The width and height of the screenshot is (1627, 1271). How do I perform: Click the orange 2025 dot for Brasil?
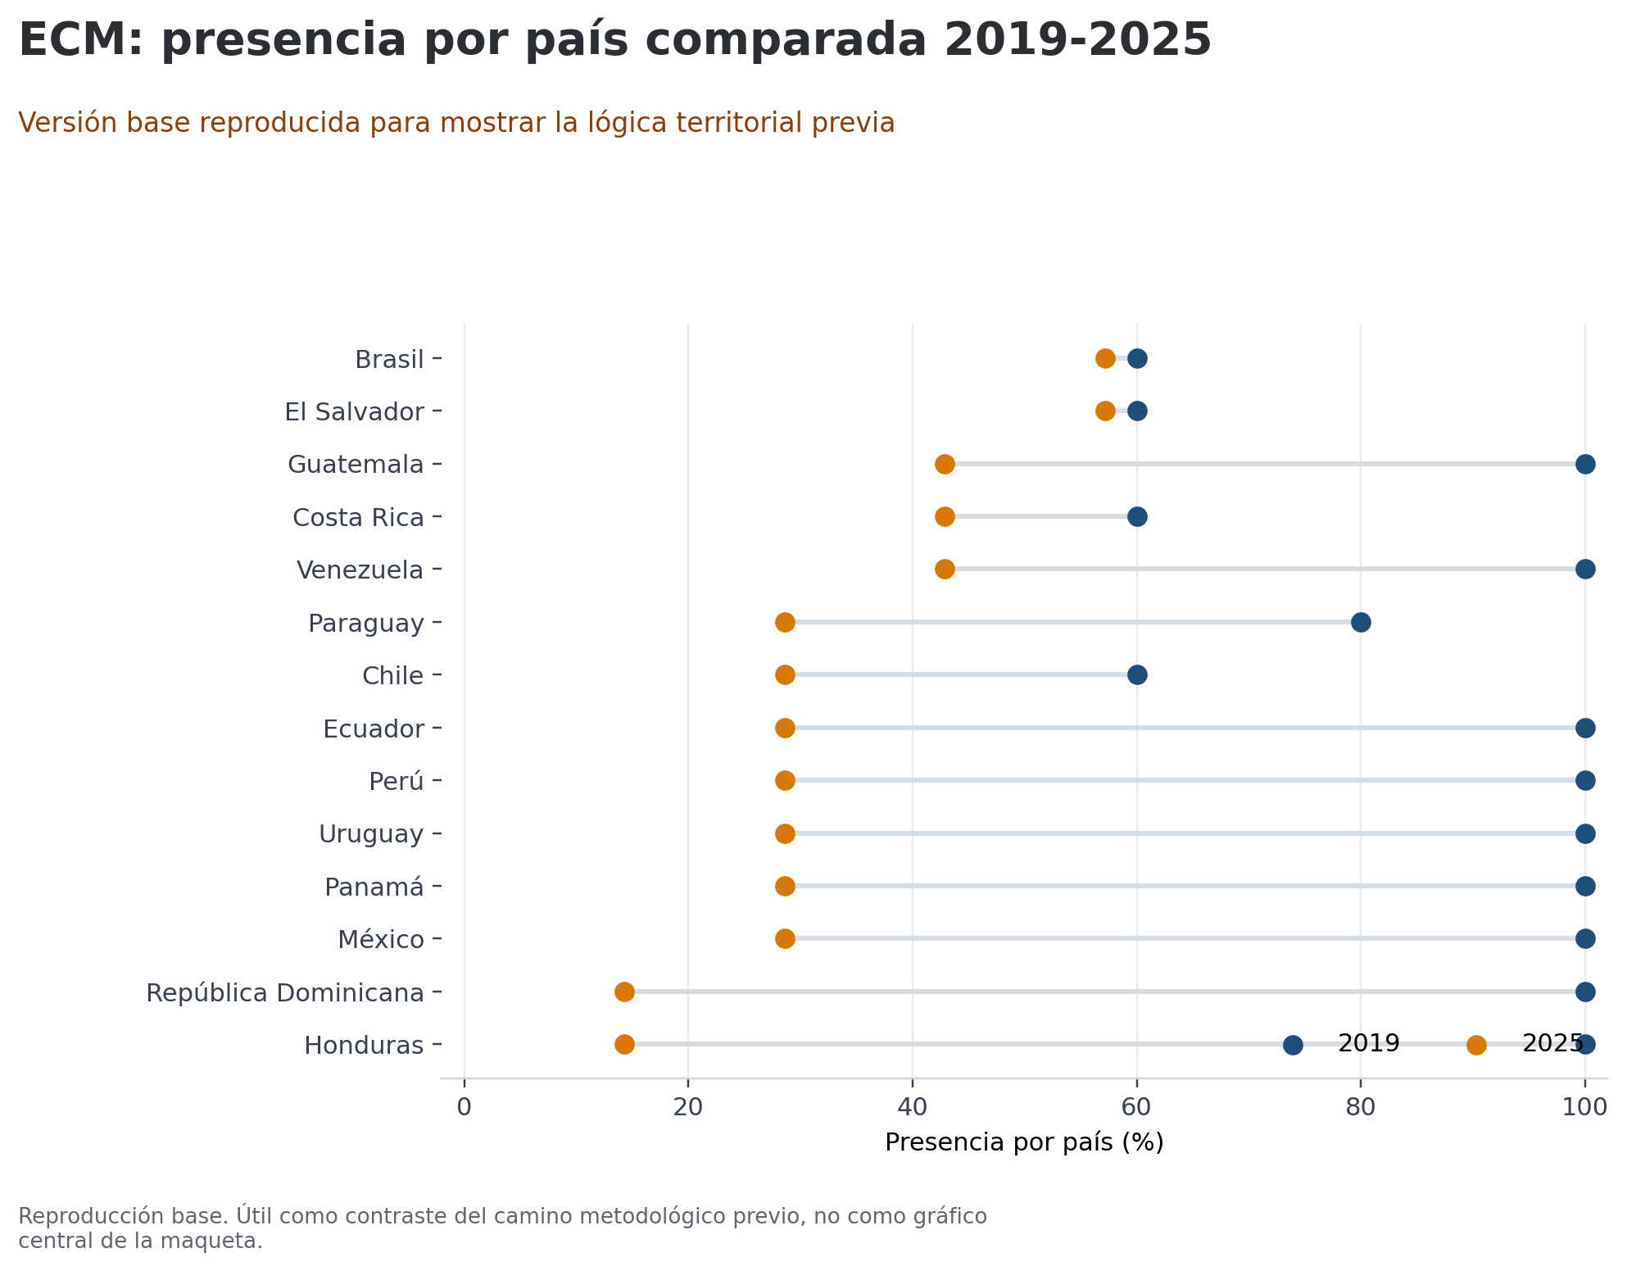pyautogui.click(x=1105, y=359)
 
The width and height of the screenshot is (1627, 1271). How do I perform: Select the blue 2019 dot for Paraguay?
pyautogui.click(x=1361, y=623)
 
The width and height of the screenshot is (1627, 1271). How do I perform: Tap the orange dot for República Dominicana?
pyautogui.click(x=624, y=992)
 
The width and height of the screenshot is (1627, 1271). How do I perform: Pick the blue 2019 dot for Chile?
pyautogui.click(x=1137, y=675)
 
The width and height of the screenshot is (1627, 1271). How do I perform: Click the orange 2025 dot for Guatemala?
pyautogui.click(x=945, y=465)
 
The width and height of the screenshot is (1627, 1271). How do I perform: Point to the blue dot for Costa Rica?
pyautogui.click(x=1137, y=517)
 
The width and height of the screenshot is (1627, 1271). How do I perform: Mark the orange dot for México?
pyautogui.click(x=785, y=939)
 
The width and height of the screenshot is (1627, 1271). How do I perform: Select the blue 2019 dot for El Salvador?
pyautogui.click(x=1137, y=411)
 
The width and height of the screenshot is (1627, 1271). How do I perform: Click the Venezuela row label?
pyautogui.click(x=360, y=570)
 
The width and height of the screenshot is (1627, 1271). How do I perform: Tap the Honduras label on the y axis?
pyautogui.click(x=364, y=1046)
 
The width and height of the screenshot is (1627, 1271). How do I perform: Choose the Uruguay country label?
pyautogui.click(x=371, y=834)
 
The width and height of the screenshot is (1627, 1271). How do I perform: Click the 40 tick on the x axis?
pyautogui.click(x=912, y=1107)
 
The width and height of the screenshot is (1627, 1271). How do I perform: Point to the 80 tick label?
pyautogui.click(x=1360, y=1107)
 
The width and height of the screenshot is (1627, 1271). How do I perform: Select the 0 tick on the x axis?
pyautogui.click(x=465, y=1107)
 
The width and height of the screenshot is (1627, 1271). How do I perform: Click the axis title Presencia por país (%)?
pyautogui.click(x=1024, y=1142)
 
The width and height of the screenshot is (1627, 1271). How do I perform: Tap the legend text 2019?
pyautogui.click(x=1368, y=1044)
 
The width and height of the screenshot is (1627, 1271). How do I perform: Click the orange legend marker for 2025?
pyautogui.click(x=1476, y=1045)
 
